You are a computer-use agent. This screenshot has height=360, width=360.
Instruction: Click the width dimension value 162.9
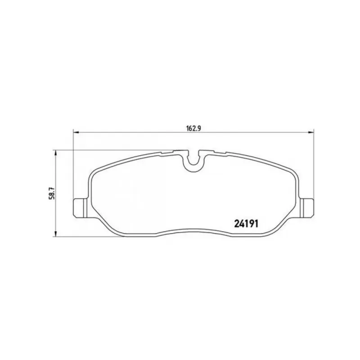click(x=193, y=128)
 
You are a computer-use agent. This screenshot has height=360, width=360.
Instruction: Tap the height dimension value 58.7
click(x=52, y=193)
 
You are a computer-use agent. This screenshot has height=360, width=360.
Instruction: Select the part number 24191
click(x=246, y=223)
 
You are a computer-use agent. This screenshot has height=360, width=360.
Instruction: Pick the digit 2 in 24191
click(x=237, y=223)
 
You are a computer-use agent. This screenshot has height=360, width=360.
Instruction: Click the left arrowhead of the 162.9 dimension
click(x=76, y=132)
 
